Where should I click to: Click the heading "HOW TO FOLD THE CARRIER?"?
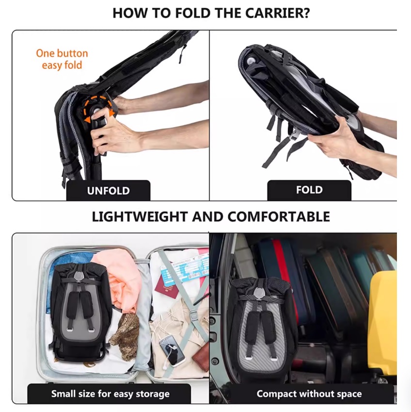[211, 13]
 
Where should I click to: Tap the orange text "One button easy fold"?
[62, 59]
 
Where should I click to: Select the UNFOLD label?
[109, 191]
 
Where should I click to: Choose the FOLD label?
[309, 190]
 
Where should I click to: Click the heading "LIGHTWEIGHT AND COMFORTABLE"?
[211, 217]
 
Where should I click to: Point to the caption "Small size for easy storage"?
[110, 394]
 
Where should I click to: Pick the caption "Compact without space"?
[309, 394]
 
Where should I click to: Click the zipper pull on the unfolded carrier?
[181, 55]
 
